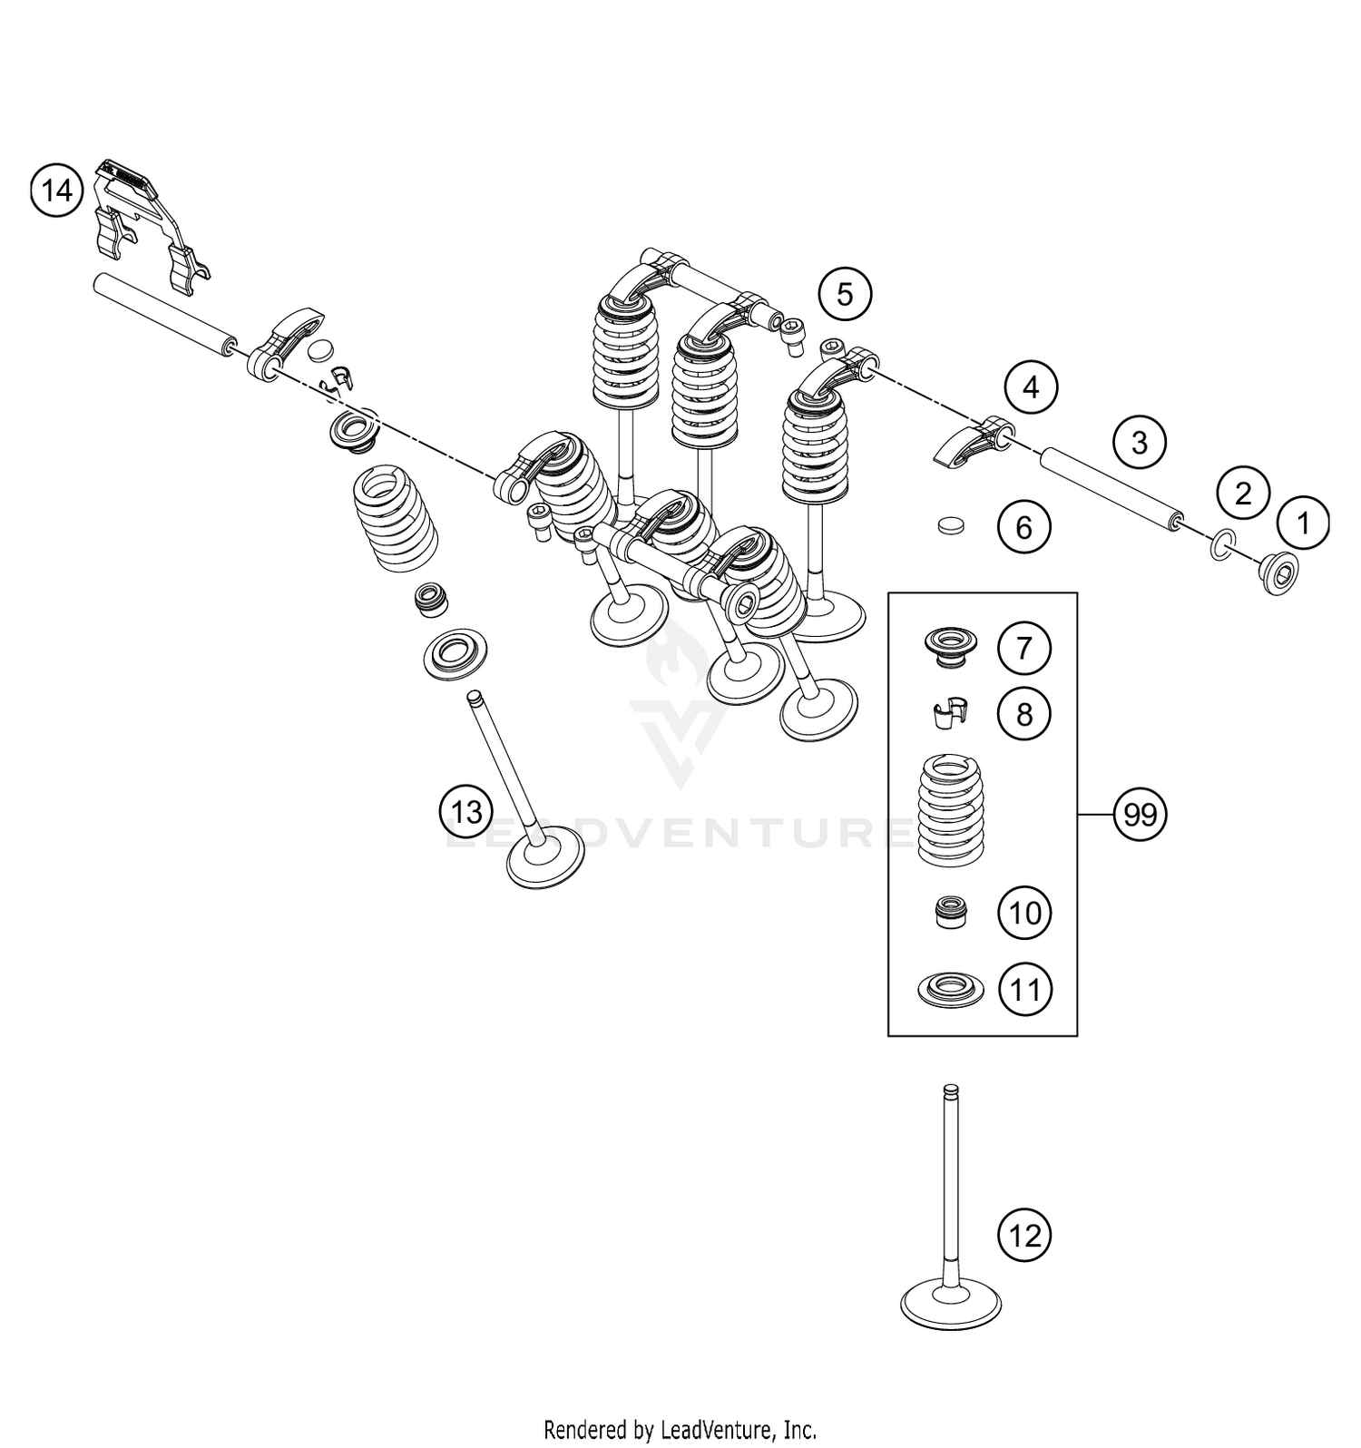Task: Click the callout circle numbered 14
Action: pyautogui.click(x=56, y=191)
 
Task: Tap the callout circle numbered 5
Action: pyautogui.click(x=844, y=295)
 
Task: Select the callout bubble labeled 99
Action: pyautogui.click(x=1140, y=815)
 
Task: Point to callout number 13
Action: pyautogui.click(x=466, y=811)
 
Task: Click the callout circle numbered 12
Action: pyautogui.click(x=1024, y=1236)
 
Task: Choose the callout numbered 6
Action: pyautogui.click(x=1023, y=527)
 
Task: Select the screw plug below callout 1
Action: pyautogui.click(x=1279, y=573)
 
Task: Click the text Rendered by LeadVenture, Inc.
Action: pyautogui.click(x=680, y=1430)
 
